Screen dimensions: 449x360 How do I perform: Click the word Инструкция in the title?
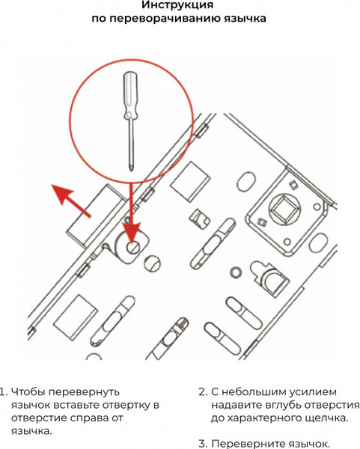click(x=176, y=6)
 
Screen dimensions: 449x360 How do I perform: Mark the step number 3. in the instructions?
click(x=202, y=443)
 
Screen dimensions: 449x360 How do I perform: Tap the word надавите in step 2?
click(x=237, y=405)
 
